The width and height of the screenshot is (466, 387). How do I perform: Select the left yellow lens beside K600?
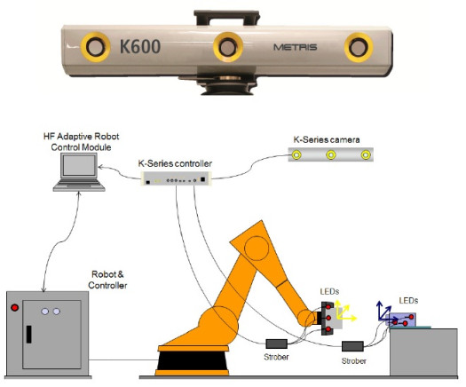pyautogui.click(x=93, y=45)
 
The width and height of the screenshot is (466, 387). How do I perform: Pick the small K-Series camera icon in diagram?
pyautogui.click(x=330, y=155)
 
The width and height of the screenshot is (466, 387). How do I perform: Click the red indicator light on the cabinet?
pyautogui.click(x=15, y=309)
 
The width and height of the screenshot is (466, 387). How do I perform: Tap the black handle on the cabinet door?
pyautogui.click(x=29, y=336)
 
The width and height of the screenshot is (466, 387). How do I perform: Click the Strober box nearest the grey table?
pyautogui.click(x=354, y=346)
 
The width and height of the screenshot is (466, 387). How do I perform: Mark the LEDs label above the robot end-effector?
pyautogui.click(x=329, y=293)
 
